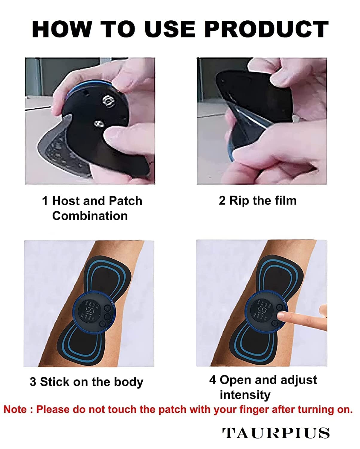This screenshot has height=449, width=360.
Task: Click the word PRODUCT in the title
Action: coord(267,29)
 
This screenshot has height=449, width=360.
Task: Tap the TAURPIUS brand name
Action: coord(276,433)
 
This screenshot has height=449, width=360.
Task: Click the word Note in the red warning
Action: coord(15,409)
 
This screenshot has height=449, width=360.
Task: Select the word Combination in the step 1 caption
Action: coord(90,216)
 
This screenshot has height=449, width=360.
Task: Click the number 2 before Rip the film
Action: coord(222,201)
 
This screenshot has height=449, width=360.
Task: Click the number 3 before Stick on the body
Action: coord(33,382)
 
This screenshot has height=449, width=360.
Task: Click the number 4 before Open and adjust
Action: coord(212,380)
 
